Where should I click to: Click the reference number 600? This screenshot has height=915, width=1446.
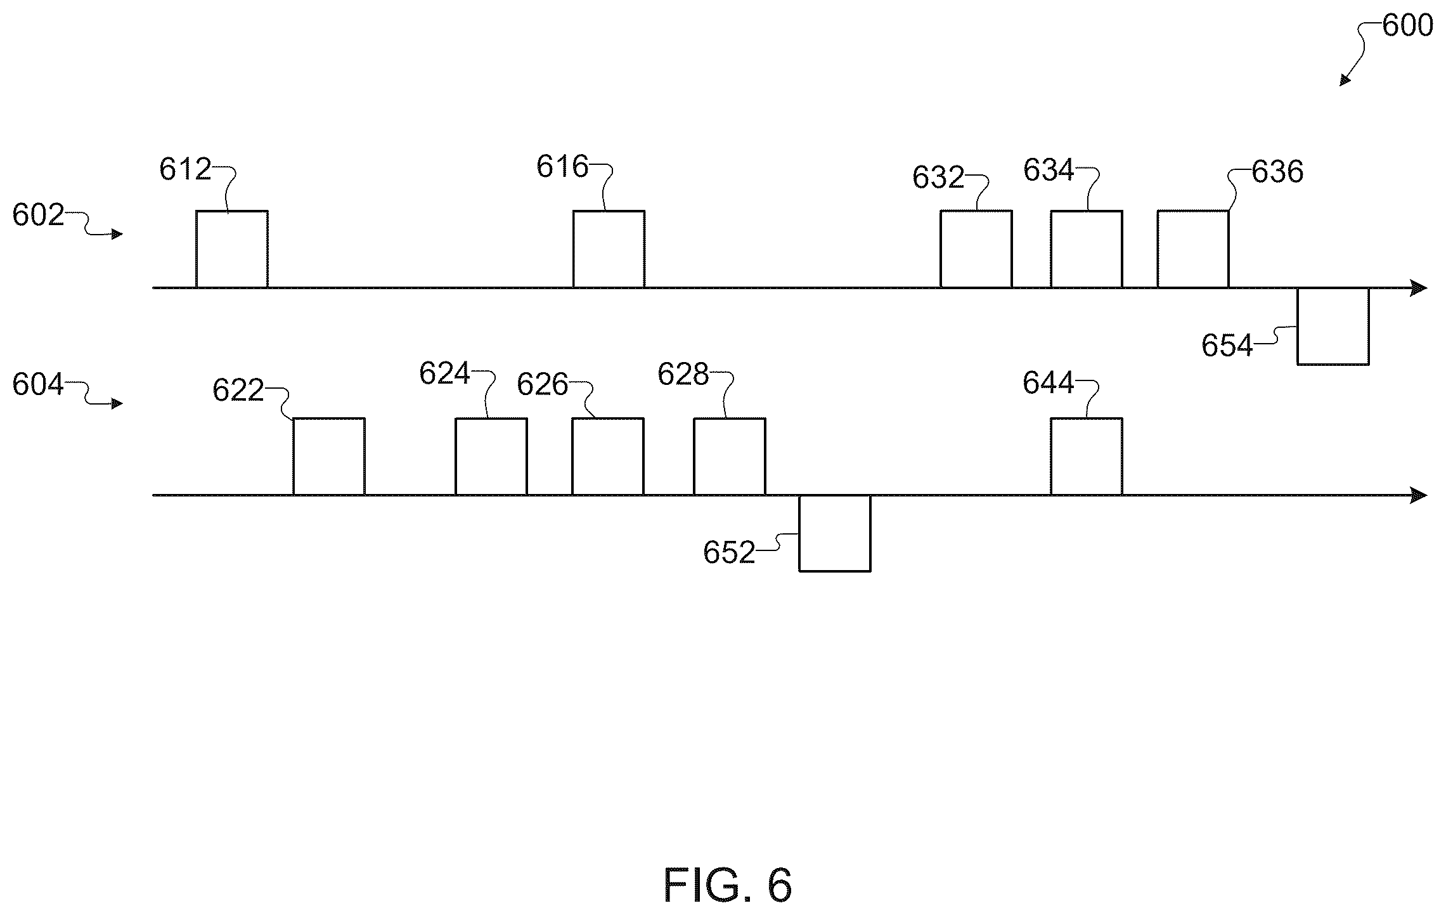pyautogui.click(x=1407, y=26)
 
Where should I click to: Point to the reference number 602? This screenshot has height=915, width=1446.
pyautogui.click(x=38, y=216)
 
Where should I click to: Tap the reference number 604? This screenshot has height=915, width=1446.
pyautogui.click(x=38, y=385)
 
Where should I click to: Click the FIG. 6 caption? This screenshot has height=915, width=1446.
pyautogui.click(x=728, y=885)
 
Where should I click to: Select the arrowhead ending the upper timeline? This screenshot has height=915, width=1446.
pyautogui.click(x=1419, y=289)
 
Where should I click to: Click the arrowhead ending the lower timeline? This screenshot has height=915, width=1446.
pyautogui.click(x=1419, y=496)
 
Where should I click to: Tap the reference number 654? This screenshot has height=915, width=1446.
pyautogui.click(x=1227, y=346)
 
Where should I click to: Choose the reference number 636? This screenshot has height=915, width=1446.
pyautogui.click(x=1277, y=172)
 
